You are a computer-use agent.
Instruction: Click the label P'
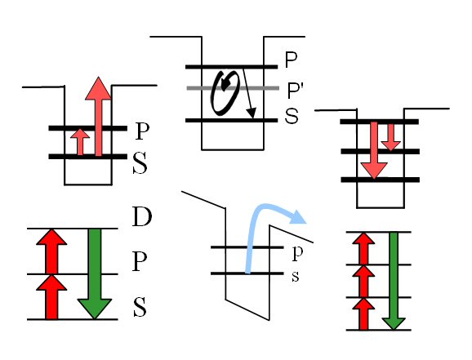tap(295, 90)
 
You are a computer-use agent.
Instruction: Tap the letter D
tap(142, 216)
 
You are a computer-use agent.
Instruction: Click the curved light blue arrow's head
tap(298, 216)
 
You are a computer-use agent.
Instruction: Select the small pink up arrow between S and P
tap(80, 142)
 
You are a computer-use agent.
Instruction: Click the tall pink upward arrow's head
tap(98, 88)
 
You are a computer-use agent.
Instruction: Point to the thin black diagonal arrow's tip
tap(252, 118)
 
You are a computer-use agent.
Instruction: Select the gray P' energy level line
tap(233, 88)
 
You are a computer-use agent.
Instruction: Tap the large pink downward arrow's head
tap(374, 171)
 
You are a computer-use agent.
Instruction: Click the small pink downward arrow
tap(390, 137)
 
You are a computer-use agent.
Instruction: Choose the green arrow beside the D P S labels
tap(95, 273)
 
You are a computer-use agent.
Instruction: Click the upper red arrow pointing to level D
tap(51, 251)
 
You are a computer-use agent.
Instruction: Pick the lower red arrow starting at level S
tap(51, 297)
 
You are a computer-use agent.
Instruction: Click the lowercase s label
tap(296, 277)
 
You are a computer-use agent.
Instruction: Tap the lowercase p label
tap(297, 254)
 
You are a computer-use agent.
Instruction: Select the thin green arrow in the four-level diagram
tap(394, 281)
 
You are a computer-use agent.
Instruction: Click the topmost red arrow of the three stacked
tap(363, 249)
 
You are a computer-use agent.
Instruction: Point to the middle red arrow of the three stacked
tap(363, 281)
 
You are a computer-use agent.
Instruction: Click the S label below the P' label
tap(292, 116)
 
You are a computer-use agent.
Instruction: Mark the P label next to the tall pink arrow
tap(142, 131)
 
